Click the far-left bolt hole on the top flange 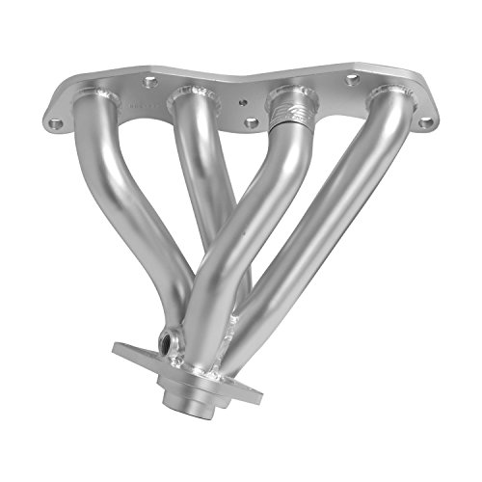[55, 122]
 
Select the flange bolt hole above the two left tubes [150, 83]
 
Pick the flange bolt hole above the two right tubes [353, 79]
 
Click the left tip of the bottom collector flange [118, 349]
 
